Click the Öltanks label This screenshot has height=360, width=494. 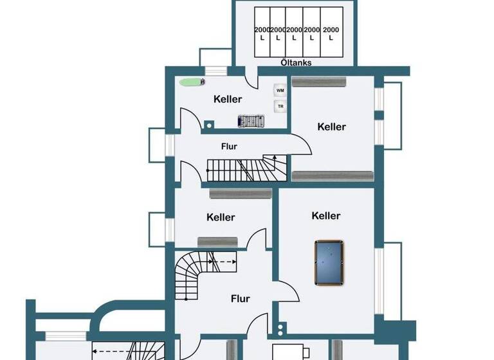point(297,62)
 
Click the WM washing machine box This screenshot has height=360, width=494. point(280,91)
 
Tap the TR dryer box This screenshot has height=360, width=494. point(280,107)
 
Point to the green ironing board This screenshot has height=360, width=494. point(190,82)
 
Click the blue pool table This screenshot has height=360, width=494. point(328,263)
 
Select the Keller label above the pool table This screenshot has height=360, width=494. point(325,216)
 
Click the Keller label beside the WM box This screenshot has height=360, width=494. point(228,99)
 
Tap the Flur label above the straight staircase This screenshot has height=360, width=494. point(229,147)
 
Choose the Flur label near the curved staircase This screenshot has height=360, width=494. point(240,299)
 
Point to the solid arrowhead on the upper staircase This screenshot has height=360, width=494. point(275,157)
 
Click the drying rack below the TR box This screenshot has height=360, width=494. point(251,120)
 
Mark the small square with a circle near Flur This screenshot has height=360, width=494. point(281,330)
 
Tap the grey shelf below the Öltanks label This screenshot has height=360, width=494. point(319,82)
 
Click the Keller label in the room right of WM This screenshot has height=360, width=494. point(331,127)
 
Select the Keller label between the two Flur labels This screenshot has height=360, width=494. point(221,217)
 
